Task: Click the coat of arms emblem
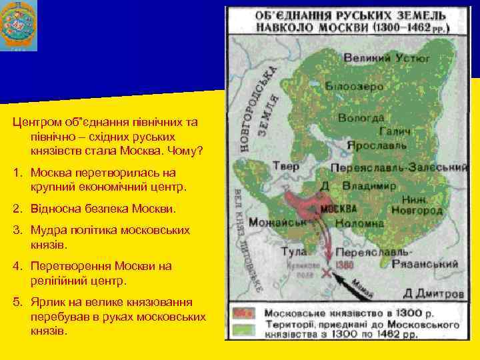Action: tap(19, 26)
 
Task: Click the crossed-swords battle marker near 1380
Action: tap(326, 273)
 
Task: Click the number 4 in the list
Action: tap(16, 266)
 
